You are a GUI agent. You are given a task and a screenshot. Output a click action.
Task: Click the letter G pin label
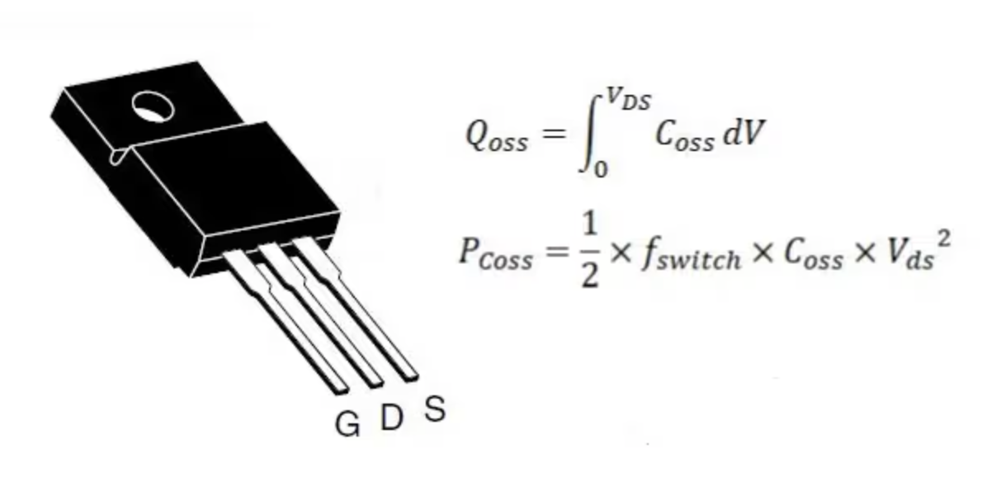[x=347, y=424]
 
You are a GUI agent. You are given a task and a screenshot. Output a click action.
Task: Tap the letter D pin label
[x=391, y=418]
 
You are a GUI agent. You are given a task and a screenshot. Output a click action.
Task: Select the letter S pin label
[x=434, y=409]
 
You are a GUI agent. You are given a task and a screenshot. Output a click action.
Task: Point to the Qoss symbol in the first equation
[x=496, y=137]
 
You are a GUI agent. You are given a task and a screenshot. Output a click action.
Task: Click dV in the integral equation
[x=739, y=135]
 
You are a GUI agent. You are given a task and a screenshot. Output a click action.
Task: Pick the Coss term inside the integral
[x=684, y=137]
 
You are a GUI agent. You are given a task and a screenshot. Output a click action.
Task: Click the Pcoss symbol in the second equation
[x=495, y=255]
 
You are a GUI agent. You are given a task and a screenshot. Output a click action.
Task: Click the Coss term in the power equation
[x=812, y=256]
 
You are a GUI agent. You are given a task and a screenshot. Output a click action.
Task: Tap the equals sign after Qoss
[x=553, y=136]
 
